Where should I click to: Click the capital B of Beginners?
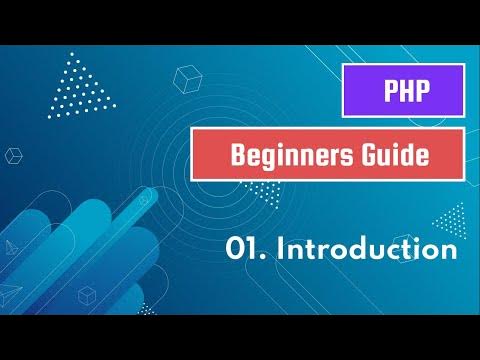tap(238, 156)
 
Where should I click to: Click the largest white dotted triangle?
tap(85, 84)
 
